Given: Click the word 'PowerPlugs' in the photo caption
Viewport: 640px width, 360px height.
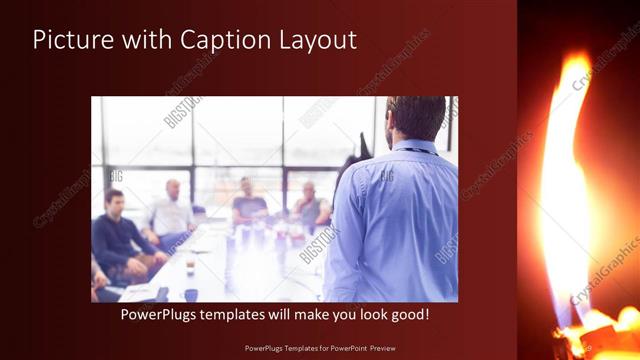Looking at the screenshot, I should point(162,314).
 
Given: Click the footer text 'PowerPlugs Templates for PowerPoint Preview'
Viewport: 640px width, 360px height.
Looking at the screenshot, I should point(319,348).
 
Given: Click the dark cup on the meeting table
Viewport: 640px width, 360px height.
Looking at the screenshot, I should point(190,294).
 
